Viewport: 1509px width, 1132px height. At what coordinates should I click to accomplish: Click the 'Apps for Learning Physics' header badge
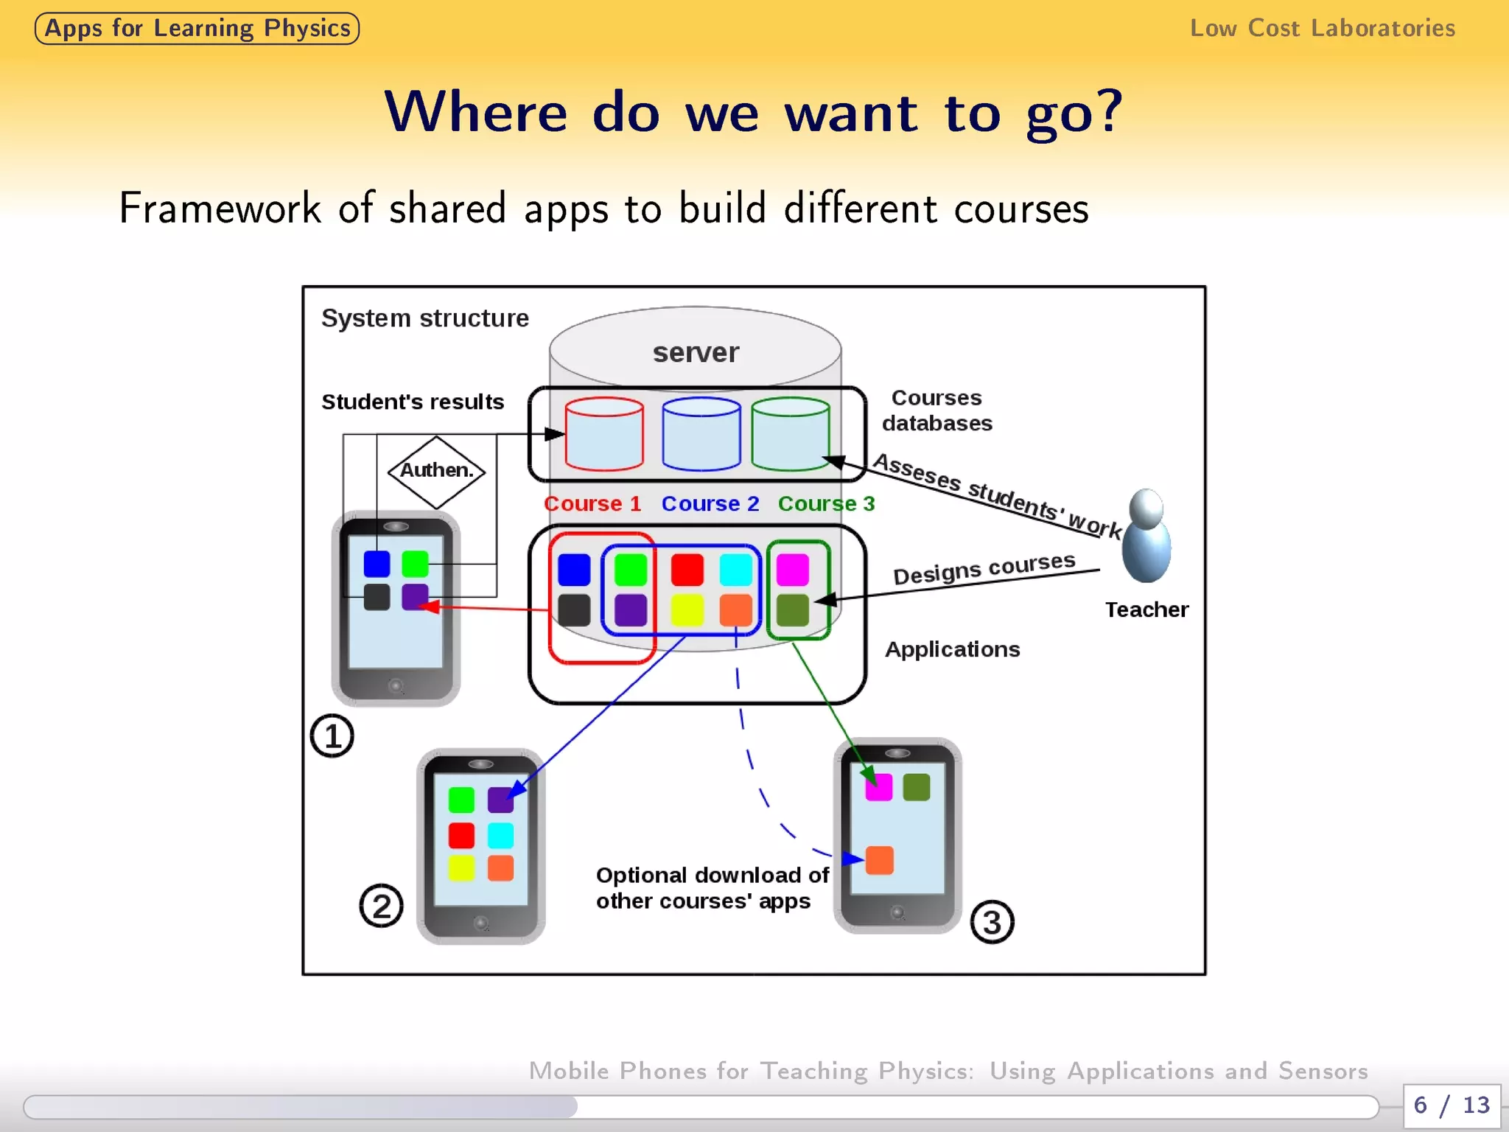click(197, 29)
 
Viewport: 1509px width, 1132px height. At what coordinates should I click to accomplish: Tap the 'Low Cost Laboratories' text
click(1323, 29)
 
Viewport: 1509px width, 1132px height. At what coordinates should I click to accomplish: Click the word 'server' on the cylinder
click(696, 353)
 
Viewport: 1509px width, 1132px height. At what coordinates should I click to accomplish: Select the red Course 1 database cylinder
click(604, 434)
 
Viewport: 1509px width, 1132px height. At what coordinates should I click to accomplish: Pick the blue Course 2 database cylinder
click(701, 434)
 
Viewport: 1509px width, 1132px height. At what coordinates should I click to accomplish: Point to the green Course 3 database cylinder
click(791, 434)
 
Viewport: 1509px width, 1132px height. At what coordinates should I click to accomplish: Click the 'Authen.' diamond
click(437, 471)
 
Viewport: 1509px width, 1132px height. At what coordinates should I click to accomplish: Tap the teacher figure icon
click(1146, 536)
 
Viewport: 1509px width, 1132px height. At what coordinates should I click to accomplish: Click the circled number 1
click(332, 736)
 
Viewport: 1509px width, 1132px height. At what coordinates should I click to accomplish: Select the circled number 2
click(381, 906)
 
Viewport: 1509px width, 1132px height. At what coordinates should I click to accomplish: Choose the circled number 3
click(992, 922)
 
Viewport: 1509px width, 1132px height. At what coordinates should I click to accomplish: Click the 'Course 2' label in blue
click(710, 504)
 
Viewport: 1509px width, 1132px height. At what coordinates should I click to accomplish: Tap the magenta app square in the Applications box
click(793, 570)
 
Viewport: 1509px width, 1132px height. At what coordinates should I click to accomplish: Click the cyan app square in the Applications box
click(735, 570)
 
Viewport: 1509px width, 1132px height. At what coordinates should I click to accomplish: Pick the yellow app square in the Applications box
click(687, 610)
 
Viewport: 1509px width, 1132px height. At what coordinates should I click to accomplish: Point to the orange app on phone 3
click(880, 860)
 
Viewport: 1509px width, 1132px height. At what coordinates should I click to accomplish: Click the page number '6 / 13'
click(1452, 1105)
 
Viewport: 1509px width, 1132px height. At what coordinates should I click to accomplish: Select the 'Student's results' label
click(413, 402)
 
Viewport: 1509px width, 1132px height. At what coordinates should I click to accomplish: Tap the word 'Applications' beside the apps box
click(952, 649)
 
